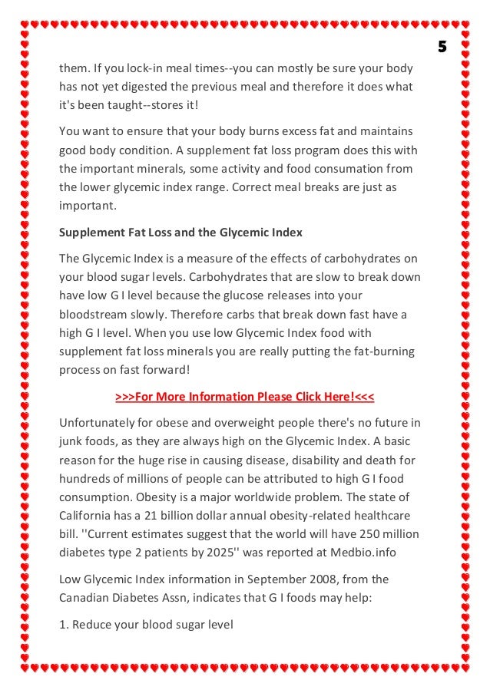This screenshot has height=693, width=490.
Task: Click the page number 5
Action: coord(442,47)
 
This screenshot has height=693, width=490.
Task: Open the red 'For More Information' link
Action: coord(245,397)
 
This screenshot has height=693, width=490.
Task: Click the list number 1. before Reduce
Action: coord(64,624)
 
